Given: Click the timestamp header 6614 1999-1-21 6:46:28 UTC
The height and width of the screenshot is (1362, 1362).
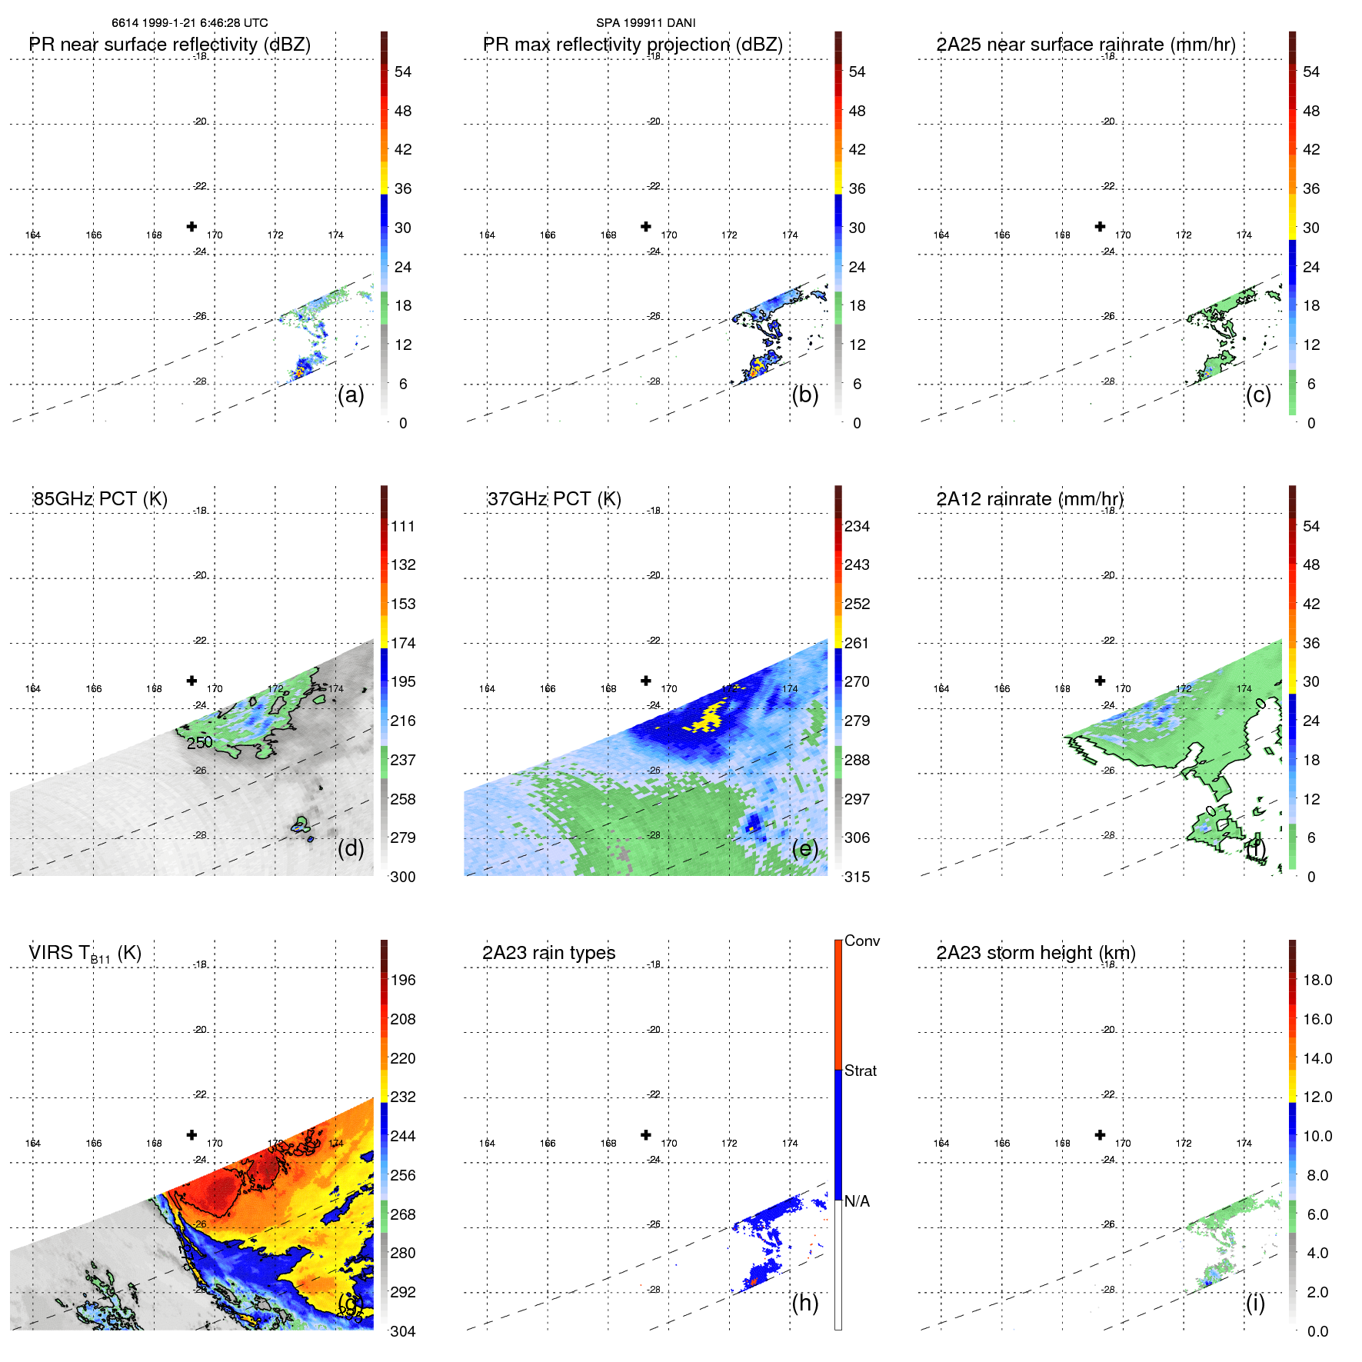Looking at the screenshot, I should click(189, 23).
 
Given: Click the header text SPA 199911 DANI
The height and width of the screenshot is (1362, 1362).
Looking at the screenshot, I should click(645, 23).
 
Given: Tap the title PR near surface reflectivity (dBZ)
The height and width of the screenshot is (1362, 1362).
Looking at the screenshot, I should click(169, 45).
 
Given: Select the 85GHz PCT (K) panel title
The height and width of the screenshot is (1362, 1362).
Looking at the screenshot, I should click(100, 499).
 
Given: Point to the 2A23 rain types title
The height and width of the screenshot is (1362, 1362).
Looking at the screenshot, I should click(548, 953).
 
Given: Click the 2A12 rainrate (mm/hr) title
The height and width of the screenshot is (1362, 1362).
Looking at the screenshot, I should click(1029, 499).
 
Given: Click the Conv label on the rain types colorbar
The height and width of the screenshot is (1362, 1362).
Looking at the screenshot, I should click(861, 941).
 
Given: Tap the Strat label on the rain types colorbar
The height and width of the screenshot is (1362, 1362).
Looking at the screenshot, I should click(860, 1071).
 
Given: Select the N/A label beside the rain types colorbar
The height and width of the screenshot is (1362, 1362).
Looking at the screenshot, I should click(857, 1201).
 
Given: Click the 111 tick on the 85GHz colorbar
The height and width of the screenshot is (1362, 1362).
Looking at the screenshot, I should click(402, 526).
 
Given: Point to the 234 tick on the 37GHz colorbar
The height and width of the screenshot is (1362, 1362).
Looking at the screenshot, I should click(857, 526).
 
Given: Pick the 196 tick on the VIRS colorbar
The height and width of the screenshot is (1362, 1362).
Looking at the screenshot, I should click(402, 980).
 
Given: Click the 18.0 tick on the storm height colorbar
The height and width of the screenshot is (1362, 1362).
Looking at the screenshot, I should click(1317, 980).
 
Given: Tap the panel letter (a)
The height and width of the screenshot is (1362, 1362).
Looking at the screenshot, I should click(350, 395).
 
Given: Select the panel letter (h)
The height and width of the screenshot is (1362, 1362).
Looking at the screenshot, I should click(804, 1302).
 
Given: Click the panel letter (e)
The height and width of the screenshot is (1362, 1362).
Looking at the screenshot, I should click(804, 848).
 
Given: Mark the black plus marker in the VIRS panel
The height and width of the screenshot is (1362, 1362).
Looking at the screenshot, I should click(191, 1135).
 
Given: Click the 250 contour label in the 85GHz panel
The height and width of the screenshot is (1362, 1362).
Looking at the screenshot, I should click(199, 742).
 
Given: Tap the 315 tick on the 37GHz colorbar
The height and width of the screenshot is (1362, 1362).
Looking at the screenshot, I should click(857, 877).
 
